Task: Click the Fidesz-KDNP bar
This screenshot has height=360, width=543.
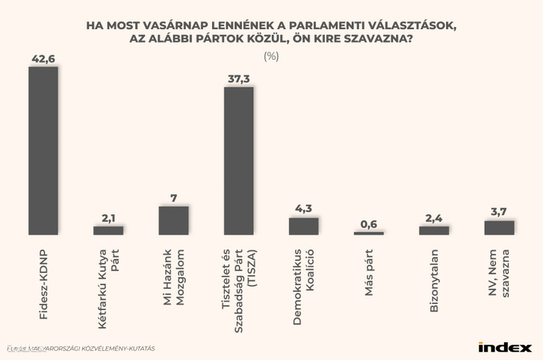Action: tap(43, 150)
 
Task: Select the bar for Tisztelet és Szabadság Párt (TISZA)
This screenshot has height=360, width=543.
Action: tap(238, 161)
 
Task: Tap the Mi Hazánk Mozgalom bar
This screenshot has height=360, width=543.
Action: tap(173, 220)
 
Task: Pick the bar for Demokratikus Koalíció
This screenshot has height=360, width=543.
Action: tap(303, 226)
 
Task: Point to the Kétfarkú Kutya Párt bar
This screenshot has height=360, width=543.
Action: tap(108, 230)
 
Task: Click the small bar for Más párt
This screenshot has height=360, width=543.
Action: tap(368, 233)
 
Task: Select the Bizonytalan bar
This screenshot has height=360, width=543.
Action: tap(434, 230)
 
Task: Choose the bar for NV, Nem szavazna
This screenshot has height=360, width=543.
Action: tap(499, 227)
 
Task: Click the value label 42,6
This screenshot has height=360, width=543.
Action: tap(43, 58)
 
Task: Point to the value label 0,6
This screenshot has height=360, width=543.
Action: tap(368, 223)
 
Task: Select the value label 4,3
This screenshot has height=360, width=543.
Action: tap(303, 209)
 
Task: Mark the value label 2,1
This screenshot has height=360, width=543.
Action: tap(108, 218)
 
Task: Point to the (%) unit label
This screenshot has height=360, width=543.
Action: tap(271, 57)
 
